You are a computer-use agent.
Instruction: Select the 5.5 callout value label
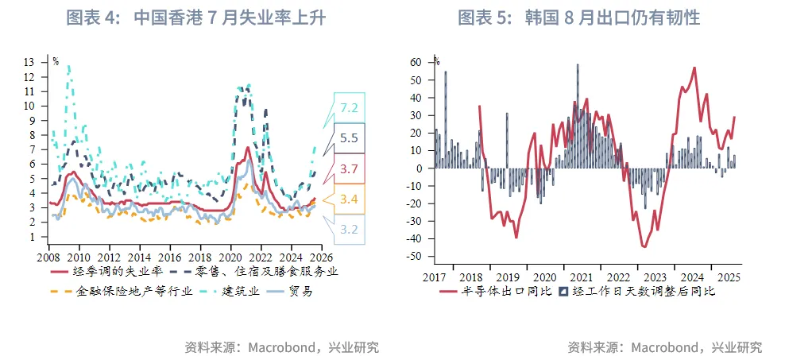(349, 138)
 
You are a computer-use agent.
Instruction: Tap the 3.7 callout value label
(349, 168)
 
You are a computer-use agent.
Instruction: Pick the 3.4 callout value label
(349, 199)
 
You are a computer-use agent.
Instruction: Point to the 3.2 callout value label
(349, 229)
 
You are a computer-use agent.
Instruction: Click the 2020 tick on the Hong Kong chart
(230, 258)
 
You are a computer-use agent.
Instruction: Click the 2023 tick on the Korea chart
(655, 277)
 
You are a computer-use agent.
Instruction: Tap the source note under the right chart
(664, 347)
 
